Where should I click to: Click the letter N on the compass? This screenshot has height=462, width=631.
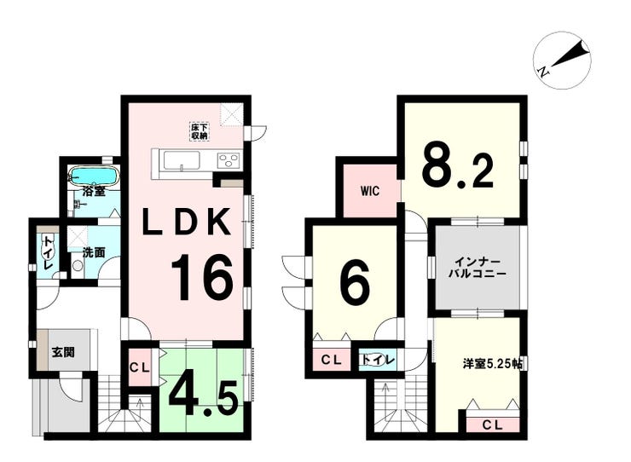click(x=543, y=72)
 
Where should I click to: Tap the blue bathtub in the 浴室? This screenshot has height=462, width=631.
click(x=93, y=176)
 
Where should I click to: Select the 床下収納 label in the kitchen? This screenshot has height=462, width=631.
click(x=200, y=131)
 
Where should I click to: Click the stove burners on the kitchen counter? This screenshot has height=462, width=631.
click(x=229, y=160)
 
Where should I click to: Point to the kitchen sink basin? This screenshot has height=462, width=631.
click(x=182, y=160)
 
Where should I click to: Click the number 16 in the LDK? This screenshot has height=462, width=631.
click(x=202, y=278)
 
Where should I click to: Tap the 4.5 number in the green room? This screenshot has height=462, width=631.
click(x=202, y=396)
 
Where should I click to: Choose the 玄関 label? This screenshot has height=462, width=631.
click(x=63, y=352)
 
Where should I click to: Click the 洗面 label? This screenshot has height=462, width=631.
click(x=94, y=252)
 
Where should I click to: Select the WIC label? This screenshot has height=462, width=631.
click(x=370, y=191)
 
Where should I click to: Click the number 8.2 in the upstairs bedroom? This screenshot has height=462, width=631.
click(x=458, y=168)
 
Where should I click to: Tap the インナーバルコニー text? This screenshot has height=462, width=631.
click(x=478, y=268)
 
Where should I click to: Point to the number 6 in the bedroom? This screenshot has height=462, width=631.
click(x=355, y=281)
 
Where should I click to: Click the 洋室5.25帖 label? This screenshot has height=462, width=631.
click(x=493, y=364)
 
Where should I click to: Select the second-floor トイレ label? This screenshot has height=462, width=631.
click(x=376, y=360)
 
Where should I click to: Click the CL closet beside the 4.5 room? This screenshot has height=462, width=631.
click(x=140, y=367)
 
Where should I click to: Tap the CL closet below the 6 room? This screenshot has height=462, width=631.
click(x=331, y=360)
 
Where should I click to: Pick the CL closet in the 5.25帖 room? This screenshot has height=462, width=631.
click(x=492, y=425)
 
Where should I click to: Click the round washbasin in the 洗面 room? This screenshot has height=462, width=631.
click(x=78, y=266)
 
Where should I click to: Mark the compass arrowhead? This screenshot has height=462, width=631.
click(x=582, y=49)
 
